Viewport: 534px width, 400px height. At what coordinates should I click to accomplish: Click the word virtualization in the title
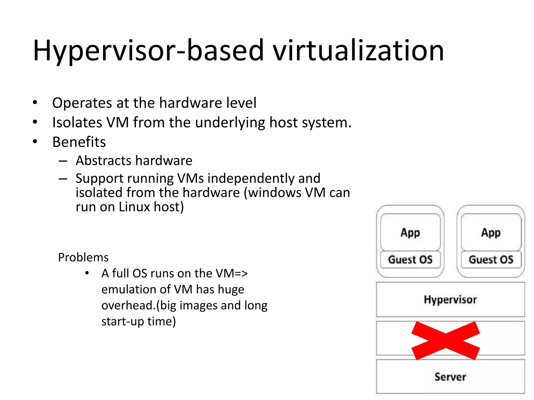359,51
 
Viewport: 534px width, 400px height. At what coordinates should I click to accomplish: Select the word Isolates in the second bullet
77,122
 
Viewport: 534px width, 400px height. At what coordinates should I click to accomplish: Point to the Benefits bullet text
79,142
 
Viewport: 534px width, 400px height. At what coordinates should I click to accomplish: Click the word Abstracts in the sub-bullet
103,160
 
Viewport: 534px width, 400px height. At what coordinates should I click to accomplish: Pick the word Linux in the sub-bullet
134,207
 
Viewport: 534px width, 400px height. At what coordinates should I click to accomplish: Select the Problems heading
83,257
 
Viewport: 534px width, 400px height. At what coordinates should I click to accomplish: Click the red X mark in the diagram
446,341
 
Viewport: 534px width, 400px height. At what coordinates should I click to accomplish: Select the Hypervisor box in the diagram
450,299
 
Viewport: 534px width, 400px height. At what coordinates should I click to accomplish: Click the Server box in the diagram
450,377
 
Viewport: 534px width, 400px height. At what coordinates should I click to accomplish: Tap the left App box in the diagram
410,232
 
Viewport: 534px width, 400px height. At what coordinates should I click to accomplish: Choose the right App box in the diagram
491,232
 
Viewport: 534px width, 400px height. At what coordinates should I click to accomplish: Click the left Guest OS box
410,260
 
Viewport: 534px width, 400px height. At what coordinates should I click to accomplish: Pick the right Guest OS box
491,260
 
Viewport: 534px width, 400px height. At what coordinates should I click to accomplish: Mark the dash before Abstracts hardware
63,161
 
